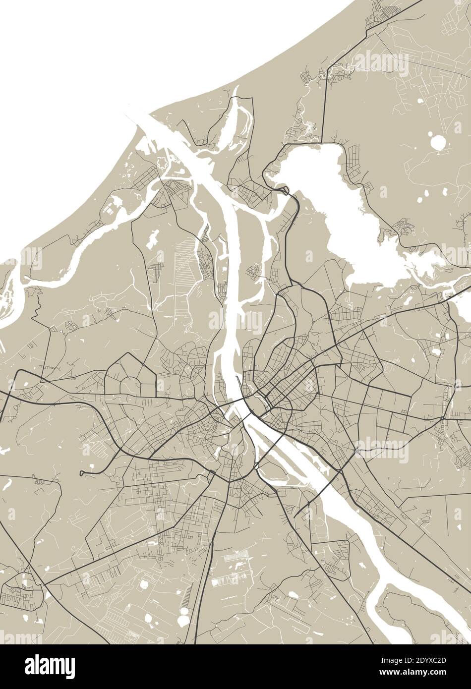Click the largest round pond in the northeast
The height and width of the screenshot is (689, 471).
click(438, 143)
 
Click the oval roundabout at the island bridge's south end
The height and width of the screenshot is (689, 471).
click(255, 466)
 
